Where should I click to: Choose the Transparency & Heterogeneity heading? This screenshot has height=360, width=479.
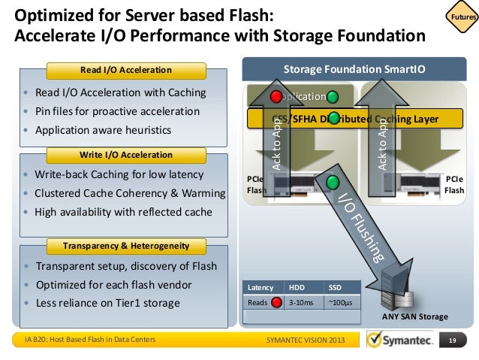(125, 246)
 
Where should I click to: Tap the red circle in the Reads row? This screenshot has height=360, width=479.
(276, 303)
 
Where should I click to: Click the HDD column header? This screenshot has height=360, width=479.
(297, 287)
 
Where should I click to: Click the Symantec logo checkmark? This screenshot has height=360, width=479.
(377, 341)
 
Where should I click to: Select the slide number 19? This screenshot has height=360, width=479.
(453, 341)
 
